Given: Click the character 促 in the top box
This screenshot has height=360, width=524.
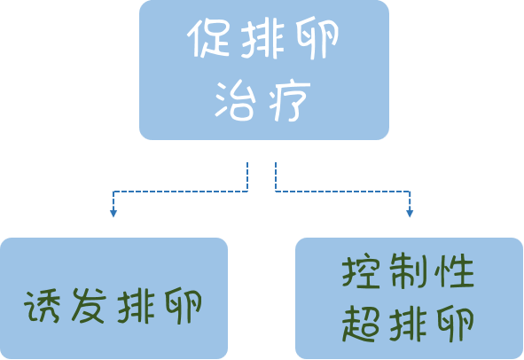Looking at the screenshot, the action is tap(207, 38).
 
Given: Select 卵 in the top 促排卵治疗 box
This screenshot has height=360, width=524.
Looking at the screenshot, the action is tap(317, 39).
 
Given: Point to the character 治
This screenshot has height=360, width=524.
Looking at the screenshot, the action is tap(235, 100).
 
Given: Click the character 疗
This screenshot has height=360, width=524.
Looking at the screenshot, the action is tap(289, 100).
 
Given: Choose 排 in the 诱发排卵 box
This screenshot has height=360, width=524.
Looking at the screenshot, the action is tap(136, 306).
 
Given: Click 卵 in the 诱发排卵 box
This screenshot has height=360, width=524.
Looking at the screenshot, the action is tap(184, 306).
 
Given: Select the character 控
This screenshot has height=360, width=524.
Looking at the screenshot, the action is tap(361, 271).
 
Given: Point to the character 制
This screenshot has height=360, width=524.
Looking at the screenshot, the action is tap(408, 271).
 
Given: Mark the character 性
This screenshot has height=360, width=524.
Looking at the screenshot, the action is tap(455, 271).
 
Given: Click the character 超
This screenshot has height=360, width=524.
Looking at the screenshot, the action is tap(361, 324).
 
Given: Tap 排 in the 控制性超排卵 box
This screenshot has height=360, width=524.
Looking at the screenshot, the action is tap(409, 324).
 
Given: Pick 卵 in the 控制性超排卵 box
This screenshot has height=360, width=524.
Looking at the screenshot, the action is tap(456, 324).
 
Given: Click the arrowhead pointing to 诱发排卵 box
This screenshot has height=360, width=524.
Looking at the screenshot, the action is tap(113, 214).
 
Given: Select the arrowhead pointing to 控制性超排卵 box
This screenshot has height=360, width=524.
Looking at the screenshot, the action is tap(410, 214).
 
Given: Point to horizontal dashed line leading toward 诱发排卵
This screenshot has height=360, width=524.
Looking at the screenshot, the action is tap(181, 192).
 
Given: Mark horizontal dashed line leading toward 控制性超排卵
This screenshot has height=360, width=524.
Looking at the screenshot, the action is tap(342, 192).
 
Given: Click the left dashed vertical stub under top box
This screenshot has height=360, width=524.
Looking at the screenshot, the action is tap(247, 176).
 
